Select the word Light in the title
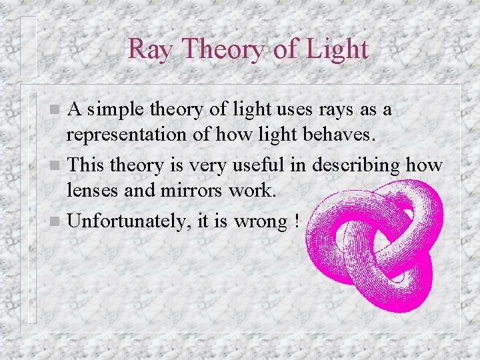[337, 49]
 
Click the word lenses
[90, 191]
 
